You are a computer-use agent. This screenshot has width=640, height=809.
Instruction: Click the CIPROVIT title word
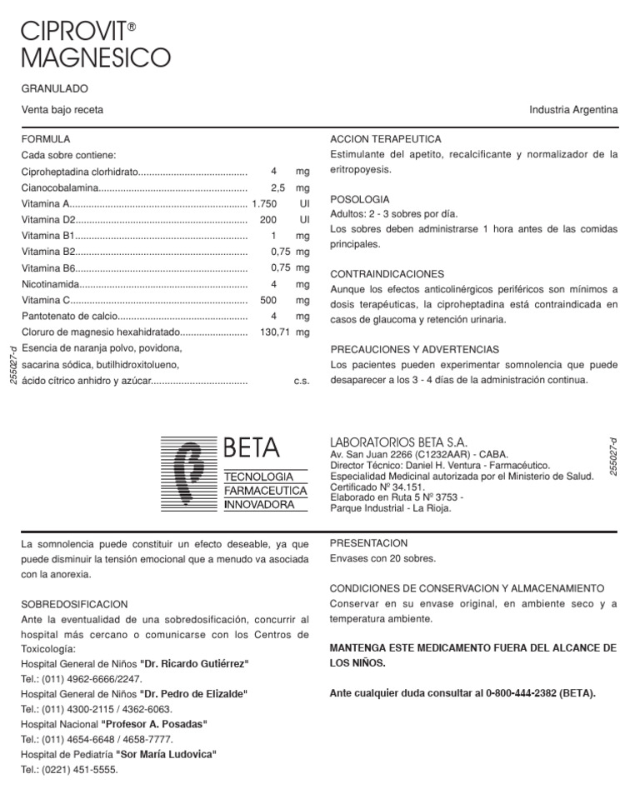point(73,32)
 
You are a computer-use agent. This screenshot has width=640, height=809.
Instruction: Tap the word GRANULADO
point(55,88)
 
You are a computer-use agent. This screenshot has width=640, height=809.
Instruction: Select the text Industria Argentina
point(573,110)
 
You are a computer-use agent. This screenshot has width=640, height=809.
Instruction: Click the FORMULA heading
point(45,139)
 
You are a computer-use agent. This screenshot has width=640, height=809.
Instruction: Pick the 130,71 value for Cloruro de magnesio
point(273,332)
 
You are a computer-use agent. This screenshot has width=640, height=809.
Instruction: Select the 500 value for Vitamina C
point(268,300)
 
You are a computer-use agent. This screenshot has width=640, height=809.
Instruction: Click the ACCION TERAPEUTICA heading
point(386,139)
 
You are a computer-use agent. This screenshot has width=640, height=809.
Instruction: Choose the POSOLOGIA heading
point(360,200)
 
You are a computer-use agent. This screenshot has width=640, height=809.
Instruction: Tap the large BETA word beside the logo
point(252,447)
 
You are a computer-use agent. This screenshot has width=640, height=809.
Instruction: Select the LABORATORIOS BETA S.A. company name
point(399,442)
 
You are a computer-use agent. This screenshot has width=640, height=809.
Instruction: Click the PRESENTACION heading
point(368,543)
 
